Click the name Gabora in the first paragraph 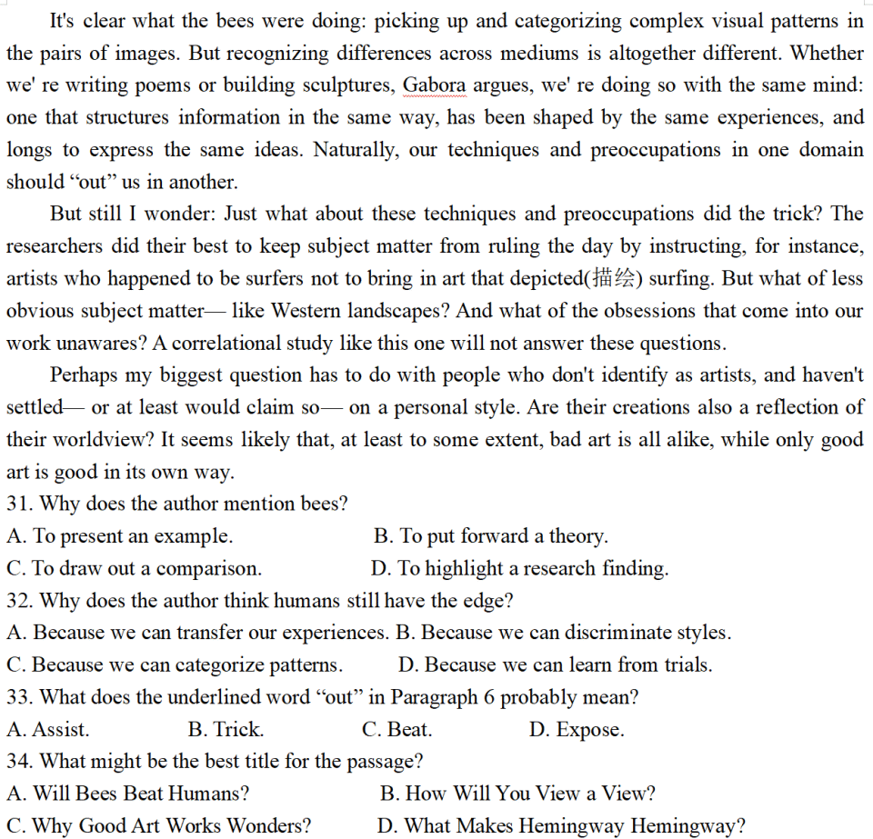[434, 85]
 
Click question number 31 [19, 504]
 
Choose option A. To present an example [119, 536]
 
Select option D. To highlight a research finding [519, 569]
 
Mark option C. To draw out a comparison [134, 569]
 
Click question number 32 [19, 601]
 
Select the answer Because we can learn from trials [555, 665]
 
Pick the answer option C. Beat [396, 730]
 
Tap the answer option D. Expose [576, 730]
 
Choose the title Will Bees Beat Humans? [128, 794]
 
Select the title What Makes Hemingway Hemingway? [561, 826]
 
